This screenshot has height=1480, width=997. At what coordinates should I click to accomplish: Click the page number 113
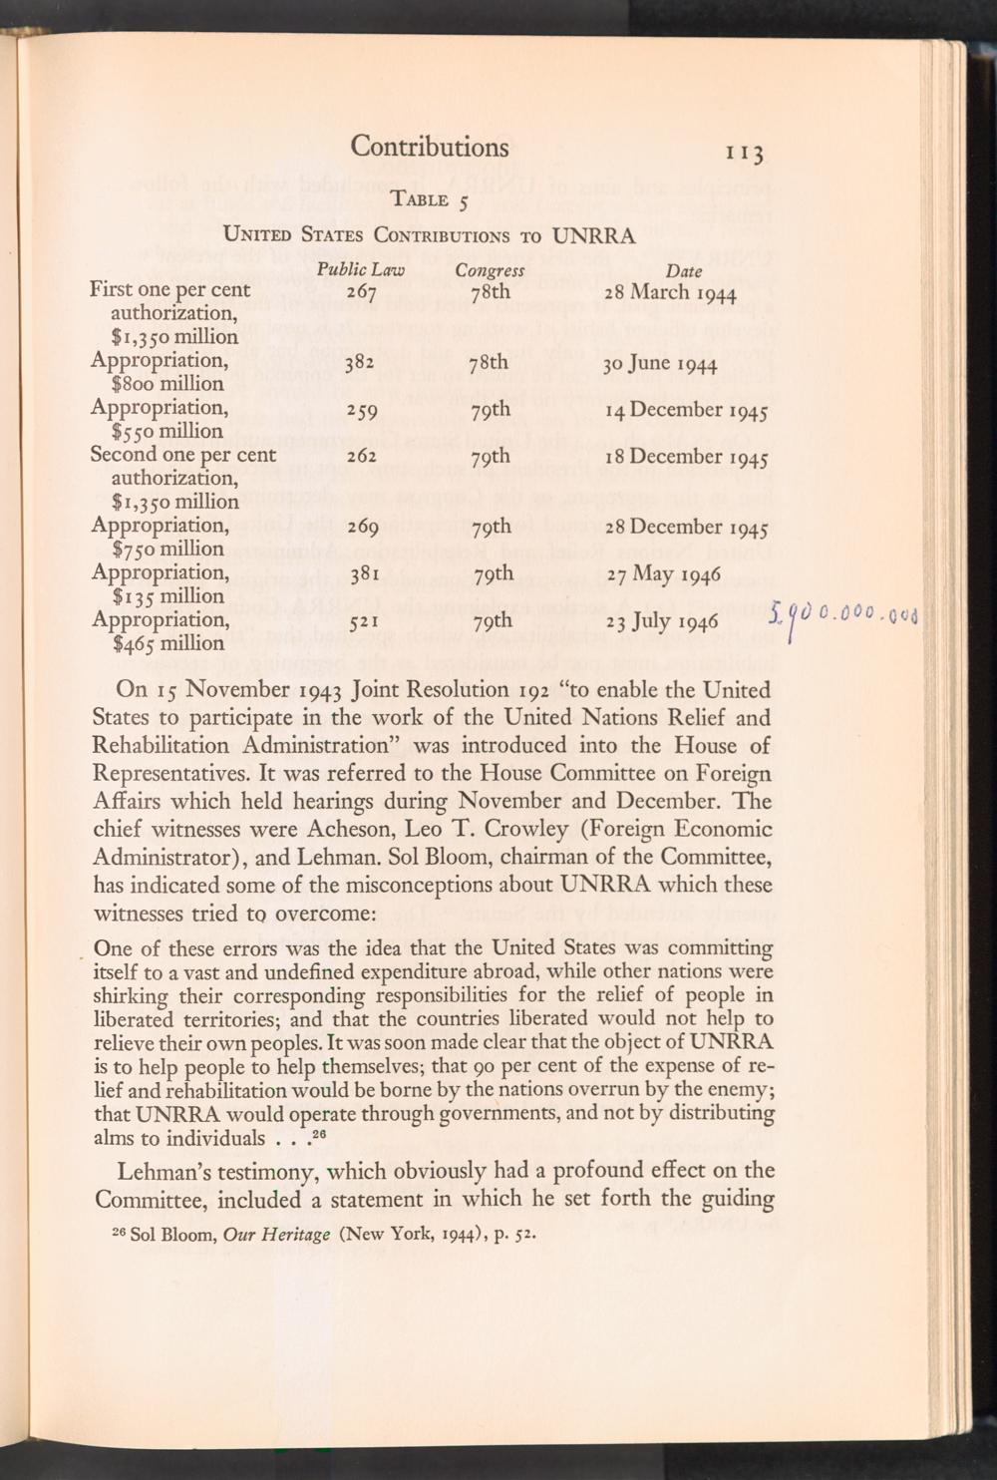coord(745,153)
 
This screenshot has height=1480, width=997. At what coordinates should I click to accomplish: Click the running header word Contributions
coord(429,148)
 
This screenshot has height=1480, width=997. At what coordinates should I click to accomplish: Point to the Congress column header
coord(490,270)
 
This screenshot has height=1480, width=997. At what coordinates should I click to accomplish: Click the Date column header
coord(684,271)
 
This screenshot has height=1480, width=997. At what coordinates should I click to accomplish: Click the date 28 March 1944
coord(669,293)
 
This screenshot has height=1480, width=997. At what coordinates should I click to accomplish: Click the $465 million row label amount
coord(158,644)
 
